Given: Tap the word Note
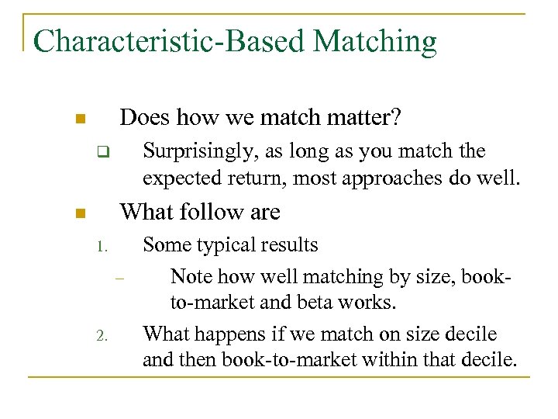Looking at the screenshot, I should [191, 276].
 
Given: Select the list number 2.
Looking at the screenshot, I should [101, 337].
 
